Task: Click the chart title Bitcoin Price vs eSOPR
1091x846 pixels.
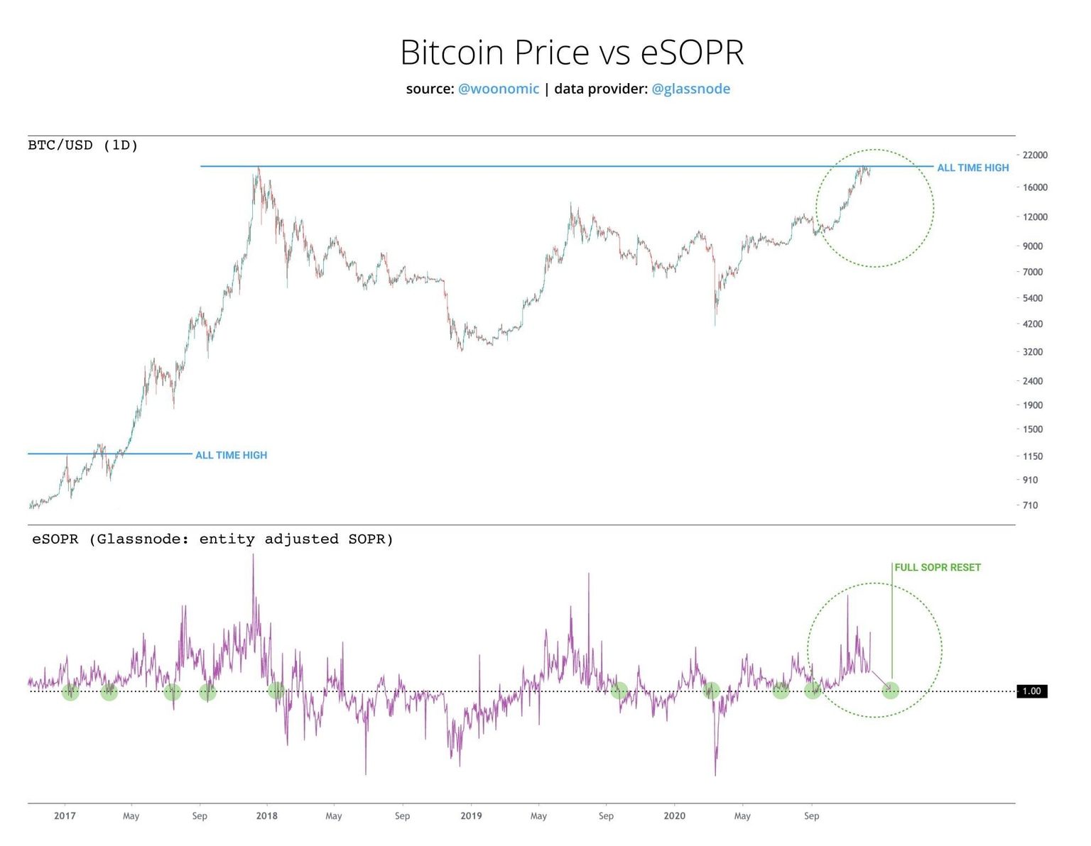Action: pyautogui.click(x=572, y=52)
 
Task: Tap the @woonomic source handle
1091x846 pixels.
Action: pyautogui.click(x=498, y=89)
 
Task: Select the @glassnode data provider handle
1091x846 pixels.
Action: pyautogui.click(x=690, y=89)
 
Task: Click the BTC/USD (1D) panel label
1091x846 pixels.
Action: pyautogui.click(x=83, y=145)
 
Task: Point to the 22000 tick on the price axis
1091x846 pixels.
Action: pyautogui.click(x=1035, y=155)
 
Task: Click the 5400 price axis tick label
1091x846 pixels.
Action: pyautogui.click(x=1033, y=298)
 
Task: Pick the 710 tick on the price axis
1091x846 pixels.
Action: pyautogui.click(x=1030, y=505)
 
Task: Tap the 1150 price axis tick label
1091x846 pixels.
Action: pyautogui.click(x=1033, y=456)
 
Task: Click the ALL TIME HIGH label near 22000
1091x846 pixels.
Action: pyautogui.click(x=972, y=168)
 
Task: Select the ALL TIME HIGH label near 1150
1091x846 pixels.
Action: pyautogui.click(x=231, y=456)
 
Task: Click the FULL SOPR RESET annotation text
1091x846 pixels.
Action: pyautogui.click(x=937, y=568)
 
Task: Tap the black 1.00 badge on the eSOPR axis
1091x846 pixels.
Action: pyautogui.click(x=1031, y=691)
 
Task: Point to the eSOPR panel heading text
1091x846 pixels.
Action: pyautogui.click(x=212, y=539)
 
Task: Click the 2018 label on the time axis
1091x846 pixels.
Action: pyautogui.click(x=267, y=816)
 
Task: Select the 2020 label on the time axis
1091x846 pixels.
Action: pyautogui.click(x=674, y=816)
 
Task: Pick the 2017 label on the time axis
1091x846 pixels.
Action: pyautogui.click(x=65, y=816)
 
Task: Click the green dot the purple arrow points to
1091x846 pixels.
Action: pyautogui.click(x=890, y=690)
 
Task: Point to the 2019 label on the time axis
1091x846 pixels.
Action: pyautogui.click(x=471, y=816)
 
